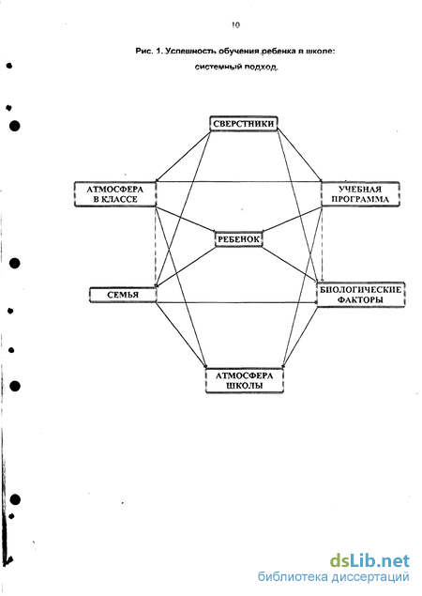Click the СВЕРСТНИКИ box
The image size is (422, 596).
click(244, 124)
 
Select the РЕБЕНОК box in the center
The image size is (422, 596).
click(239, 239)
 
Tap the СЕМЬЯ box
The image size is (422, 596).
click(123, 295)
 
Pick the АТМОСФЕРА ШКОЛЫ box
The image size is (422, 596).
click(245, 380)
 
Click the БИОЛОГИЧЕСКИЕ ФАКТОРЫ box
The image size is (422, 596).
click(361, 295)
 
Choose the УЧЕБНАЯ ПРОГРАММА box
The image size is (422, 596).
click(360, 194)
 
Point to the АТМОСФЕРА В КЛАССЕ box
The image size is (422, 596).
click(115, 194)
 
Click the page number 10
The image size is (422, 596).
click(235, 25)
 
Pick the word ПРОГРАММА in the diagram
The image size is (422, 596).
click(360, 200)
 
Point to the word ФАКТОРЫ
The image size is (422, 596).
click(360, 300)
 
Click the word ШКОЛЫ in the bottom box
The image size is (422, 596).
click(245, 386)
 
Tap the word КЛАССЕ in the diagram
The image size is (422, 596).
click(120, 200)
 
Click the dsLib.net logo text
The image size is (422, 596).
click(369, 561)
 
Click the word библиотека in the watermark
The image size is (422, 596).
click(293, 577)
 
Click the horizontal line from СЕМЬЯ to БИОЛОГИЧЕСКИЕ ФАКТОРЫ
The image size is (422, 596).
click(237, 302)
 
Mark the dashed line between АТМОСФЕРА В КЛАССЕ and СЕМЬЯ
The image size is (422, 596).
click(156, 247)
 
